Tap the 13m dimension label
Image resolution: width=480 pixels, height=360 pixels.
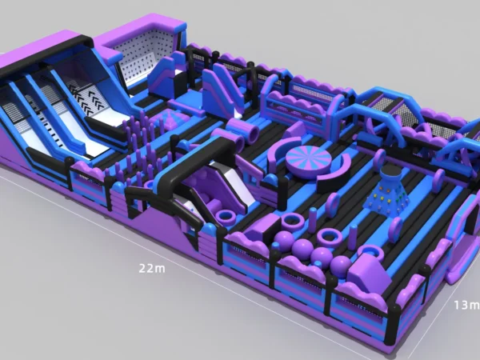click(467, 305)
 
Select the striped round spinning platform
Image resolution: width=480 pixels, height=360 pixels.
click(300, 157)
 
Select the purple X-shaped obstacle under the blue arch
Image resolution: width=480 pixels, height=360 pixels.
click(379, 128)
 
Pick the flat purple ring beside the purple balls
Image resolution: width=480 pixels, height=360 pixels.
click(330, 237)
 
